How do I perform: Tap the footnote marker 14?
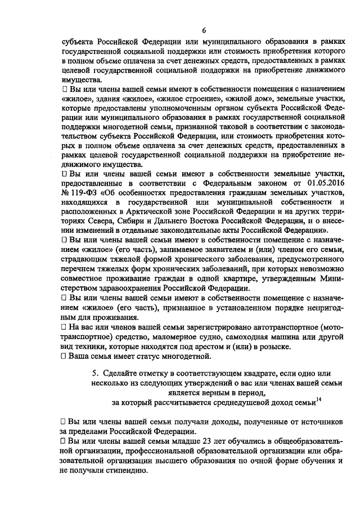318,399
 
